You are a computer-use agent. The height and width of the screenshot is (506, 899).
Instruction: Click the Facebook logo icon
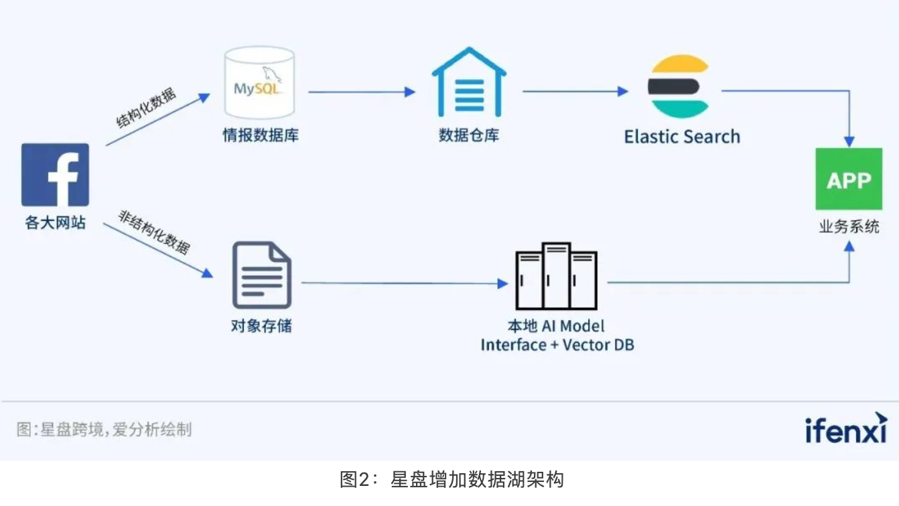55,175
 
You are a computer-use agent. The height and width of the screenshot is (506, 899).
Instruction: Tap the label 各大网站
55,223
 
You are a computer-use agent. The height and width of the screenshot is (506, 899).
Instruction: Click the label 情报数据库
261,135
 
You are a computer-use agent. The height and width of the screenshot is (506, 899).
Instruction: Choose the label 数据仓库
469,135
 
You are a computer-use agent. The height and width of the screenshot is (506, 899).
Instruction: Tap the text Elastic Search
682,137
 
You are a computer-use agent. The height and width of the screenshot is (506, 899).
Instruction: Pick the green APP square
849,179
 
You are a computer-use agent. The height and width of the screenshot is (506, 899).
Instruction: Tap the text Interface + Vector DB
557,345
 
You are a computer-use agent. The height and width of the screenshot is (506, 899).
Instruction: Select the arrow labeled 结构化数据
158,120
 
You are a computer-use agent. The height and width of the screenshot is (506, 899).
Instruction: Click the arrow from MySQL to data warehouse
362,92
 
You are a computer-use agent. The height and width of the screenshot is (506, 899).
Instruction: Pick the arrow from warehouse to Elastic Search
575,91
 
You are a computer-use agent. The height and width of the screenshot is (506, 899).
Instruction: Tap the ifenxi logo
845,428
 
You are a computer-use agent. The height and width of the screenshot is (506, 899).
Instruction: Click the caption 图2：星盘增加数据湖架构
452,480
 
